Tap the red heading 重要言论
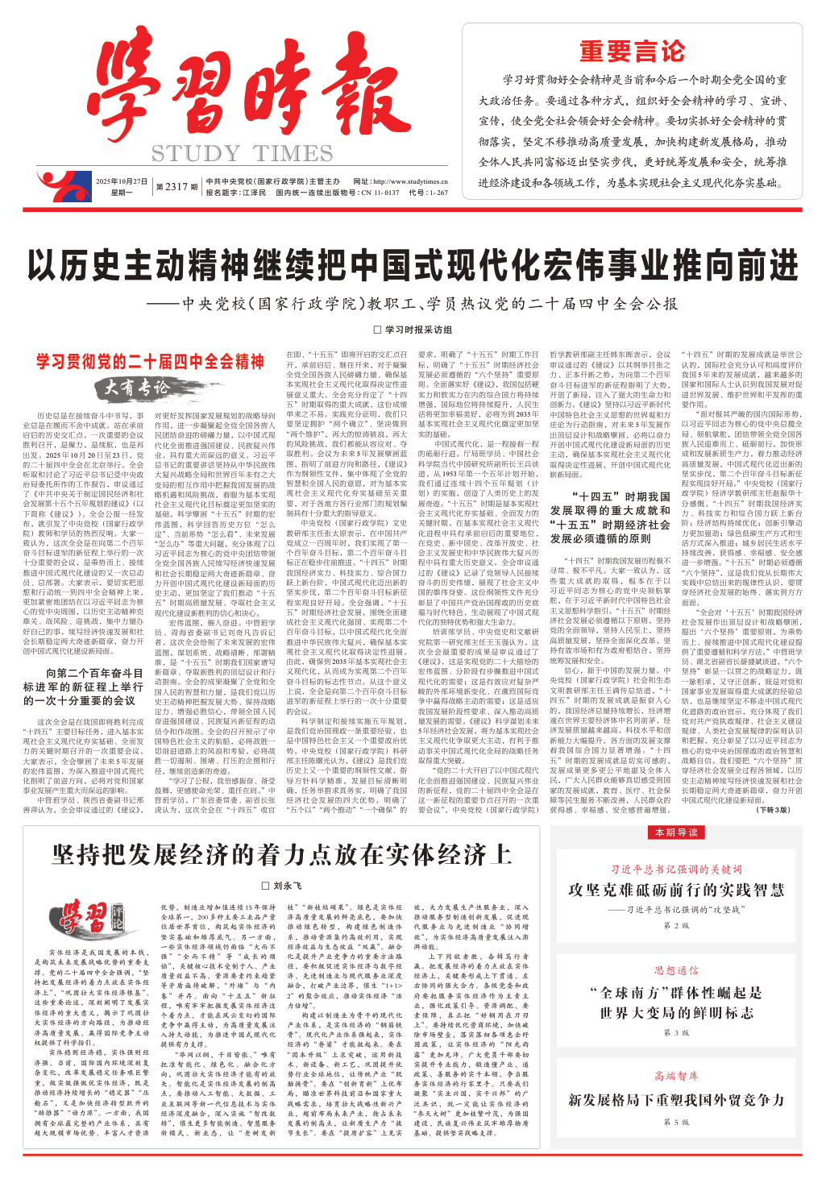(x=633, y=52)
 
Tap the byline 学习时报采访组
(x=413, y=330)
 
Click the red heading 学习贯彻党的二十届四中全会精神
(x=150, y=362)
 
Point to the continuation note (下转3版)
(x=774, y=810)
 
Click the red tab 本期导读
(x=676, y=832)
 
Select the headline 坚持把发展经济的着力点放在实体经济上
(x=282, y=854)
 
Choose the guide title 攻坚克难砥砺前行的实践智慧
(x=676, y=890)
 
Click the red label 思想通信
(x=676, y=970)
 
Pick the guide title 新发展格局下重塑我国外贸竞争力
(x=676, y=1100)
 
